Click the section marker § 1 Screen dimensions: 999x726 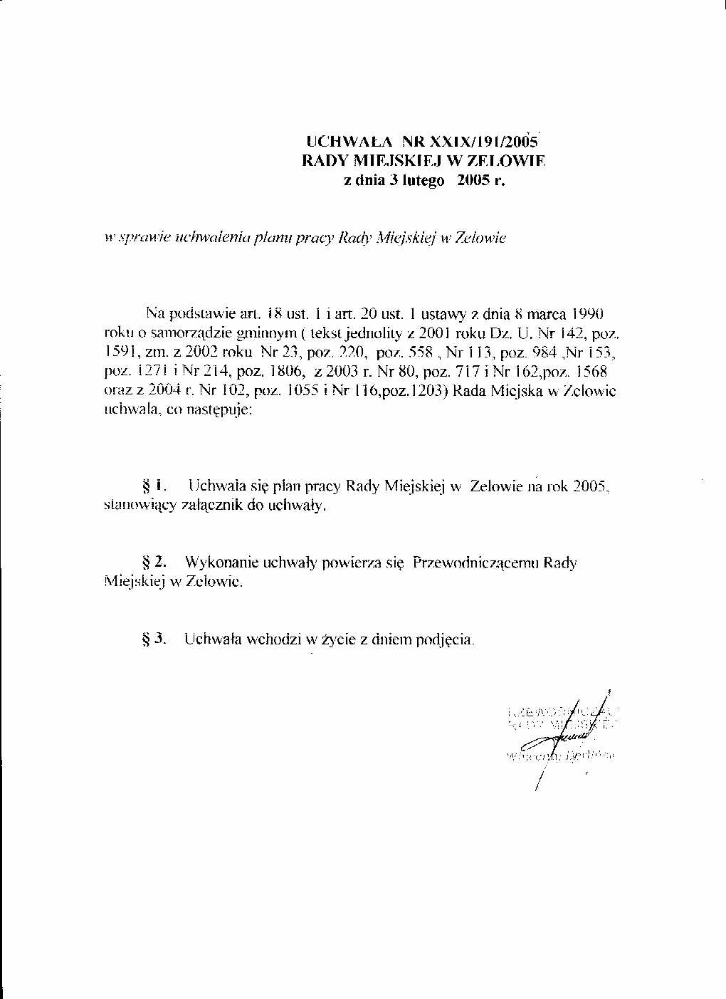pos(154,486)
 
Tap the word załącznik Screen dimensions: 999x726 pos(206,506)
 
